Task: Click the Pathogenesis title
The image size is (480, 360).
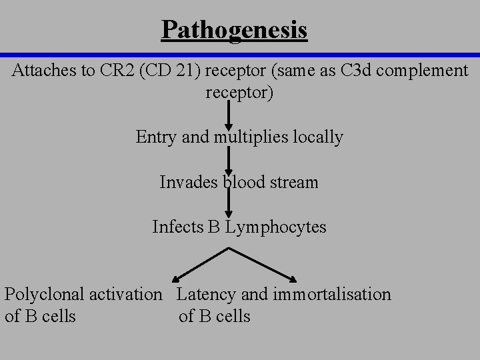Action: tap(234, 30)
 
